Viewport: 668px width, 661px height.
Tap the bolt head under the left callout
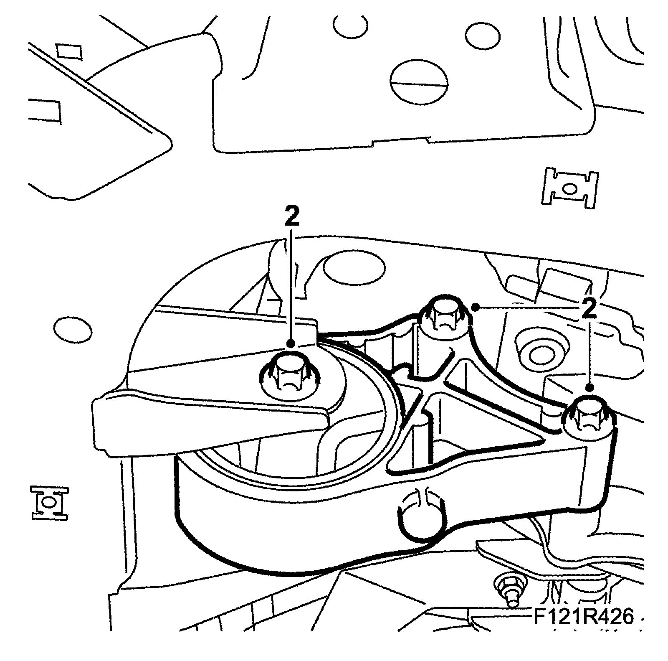coord(289,371)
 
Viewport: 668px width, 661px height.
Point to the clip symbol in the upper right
coord(571,188)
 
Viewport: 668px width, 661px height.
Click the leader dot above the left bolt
coord(291,343)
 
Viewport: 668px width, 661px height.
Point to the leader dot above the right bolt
coord(590,388)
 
